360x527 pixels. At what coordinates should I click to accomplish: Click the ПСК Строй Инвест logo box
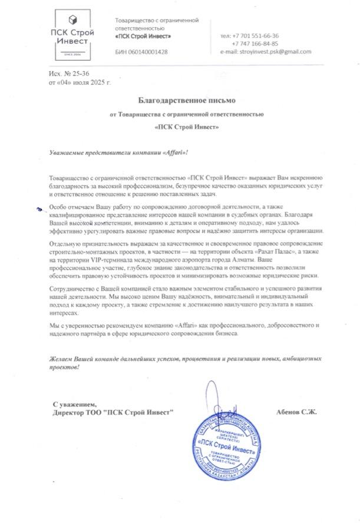tap(72, 36)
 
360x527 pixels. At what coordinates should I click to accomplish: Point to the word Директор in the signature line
tap(68, 413)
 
